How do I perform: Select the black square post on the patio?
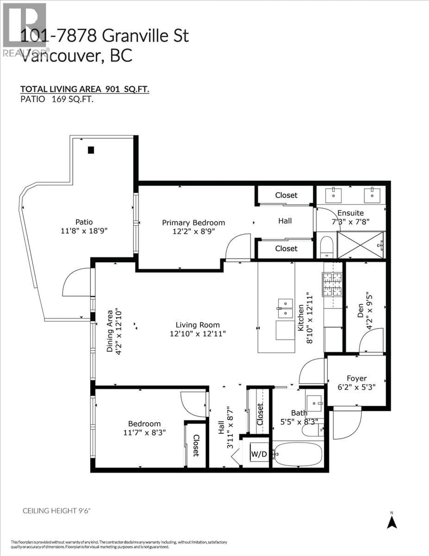coord(91,150)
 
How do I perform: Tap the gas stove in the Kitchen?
coord(332,284)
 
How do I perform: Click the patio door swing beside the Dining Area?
coord(76,283)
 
